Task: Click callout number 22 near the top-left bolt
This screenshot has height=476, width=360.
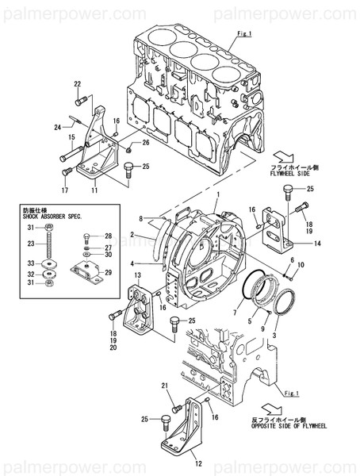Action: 78,83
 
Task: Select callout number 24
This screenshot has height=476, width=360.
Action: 57,126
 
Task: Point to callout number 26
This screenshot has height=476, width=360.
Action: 146,143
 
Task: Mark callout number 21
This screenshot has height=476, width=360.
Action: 164,386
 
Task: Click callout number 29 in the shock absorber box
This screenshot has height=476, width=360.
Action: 109,272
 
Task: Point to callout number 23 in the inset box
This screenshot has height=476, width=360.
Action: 30,244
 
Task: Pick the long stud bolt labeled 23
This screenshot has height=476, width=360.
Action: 50,243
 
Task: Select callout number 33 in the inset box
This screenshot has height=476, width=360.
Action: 30,263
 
